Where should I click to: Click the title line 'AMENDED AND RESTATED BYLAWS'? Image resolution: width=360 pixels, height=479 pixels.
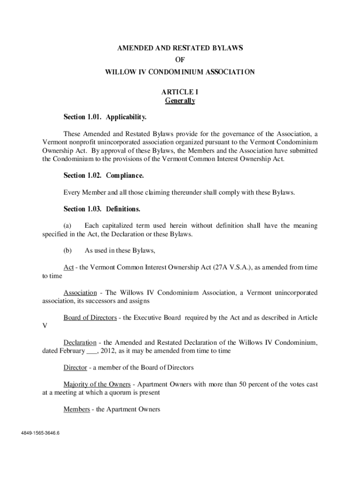pyautogui.click(x=180, y=48)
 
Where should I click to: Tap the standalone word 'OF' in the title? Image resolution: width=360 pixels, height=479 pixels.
pyautogui.click(x=180, y=60)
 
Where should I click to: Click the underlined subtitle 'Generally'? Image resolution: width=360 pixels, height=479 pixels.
pyautogui.click(x=180, y=101)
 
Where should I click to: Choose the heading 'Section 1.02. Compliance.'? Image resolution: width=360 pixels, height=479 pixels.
pyautogui.click(x=103, y=176)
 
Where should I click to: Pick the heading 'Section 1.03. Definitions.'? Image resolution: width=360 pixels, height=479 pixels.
pyautogui.click(x=102, y=209)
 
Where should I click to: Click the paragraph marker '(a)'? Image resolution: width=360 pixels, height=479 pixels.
pyautogui.click(x=67, y=226)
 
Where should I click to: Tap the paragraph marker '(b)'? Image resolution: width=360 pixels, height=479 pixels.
pyautogui.click(x=67, y=251)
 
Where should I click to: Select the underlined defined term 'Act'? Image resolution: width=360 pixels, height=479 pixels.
pyautogui.click(x=69, y=268)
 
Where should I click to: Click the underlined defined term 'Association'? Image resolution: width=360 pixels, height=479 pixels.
pyautogui.click(x=80, y=293)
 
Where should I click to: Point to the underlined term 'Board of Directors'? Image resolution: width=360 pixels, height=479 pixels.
pyautogui.click(x=90, y=318)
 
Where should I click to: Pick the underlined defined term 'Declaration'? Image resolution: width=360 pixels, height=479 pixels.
pyautogui.click(x=80, y=343)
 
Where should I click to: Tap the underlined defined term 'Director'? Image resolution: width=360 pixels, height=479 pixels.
pyautogui.click(x=75, y=368)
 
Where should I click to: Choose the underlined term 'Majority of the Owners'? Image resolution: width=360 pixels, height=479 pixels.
pyautogui.click(x=97, y=385)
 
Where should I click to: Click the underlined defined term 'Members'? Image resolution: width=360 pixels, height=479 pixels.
pyautogui.click(x=77, y=409)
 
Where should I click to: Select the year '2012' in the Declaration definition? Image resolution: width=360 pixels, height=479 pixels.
pyautogui.click(x=110, y=351)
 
